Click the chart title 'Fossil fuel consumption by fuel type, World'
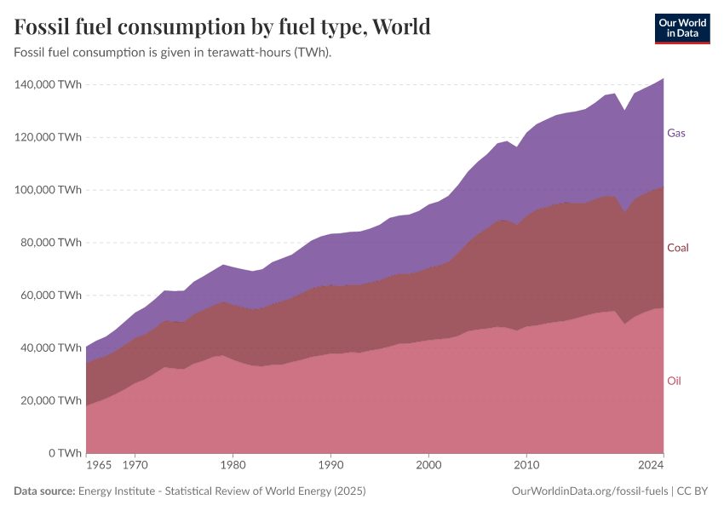pos(222,26)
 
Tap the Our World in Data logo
pos(681,28)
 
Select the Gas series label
pos(676,133)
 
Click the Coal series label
pos(678,248)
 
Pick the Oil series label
pos(674,381)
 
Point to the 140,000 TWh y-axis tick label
pos(48,84)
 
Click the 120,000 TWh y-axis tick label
pos(48,137)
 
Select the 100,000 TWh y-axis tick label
pos(48,190)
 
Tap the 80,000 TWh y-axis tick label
pos(50,243)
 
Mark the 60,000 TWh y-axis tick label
pos(50,296)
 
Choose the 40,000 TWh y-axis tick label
pos(50,348)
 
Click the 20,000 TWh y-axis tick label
pos(50,400)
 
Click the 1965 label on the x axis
pos(99,466)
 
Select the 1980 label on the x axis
pos(233,466)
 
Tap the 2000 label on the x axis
pos(429,466)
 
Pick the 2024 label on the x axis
pos(651,466)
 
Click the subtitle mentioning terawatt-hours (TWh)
pos(173,53)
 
